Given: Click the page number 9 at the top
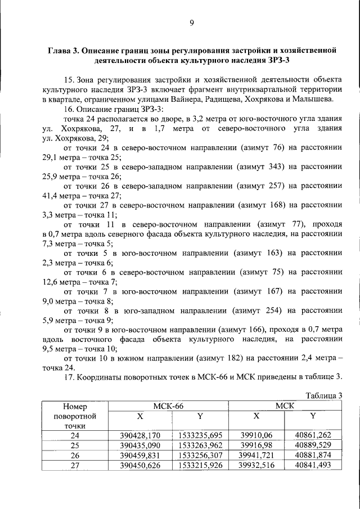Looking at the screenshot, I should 191,23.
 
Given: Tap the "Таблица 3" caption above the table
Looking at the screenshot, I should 324,395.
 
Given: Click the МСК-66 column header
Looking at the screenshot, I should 168,406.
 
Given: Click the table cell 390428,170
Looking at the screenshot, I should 141,435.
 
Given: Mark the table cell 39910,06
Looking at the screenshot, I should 256,435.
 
